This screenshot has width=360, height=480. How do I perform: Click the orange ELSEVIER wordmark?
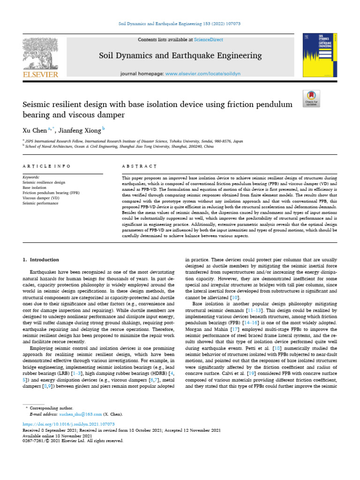pyautogui.click(x=40, y=75)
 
